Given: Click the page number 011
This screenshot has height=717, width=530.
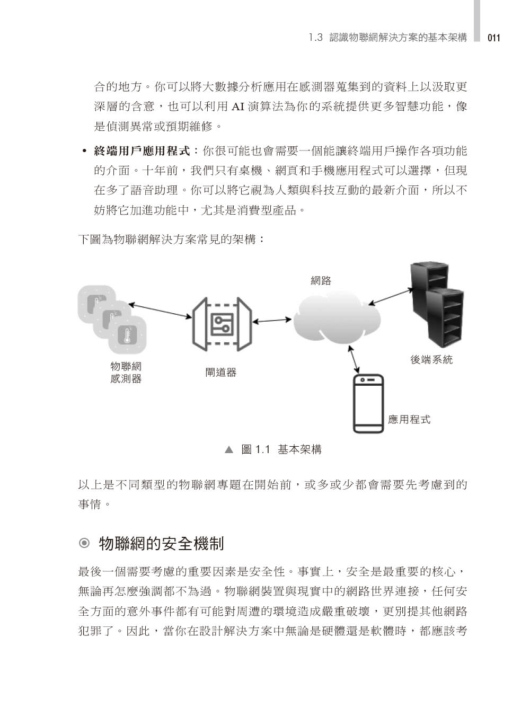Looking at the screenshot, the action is [x=493, y=38].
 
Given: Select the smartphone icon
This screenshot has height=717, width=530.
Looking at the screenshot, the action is [x=368, y=403].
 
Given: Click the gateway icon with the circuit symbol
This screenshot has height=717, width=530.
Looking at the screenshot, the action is [x=222, y=324].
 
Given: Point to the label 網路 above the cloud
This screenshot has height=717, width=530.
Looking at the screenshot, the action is [x=321, y=280].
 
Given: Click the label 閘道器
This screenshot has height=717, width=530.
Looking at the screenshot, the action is [x=221, y=373].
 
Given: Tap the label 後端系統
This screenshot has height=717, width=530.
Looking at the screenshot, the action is [x=431, y=359].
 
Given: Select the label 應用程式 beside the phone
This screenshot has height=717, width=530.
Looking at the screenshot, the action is [x=409, y=419].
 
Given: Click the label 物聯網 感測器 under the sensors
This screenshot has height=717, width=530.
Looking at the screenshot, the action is [x=126, y=373].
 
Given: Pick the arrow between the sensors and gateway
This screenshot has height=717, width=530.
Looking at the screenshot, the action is [x=160, y=311].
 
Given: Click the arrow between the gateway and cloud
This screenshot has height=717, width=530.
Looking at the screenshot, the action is [x=272, y=321].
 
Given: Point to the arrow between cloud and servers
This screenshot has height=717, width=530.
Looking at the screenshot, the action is [x=391, y=297].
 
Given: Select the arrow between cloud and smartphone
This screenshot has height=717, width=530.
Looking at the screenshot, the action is [x=354, y=359].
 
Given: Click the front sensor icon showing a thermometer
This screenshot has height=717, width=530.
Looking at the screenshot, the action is [x=127, y=335].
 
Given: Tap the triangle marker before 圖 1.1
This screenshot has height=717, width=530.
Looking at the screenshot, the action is [x=229, y=450].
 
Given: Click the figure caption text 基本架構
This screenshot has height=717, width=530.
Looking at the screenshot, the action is [x=299, y=449].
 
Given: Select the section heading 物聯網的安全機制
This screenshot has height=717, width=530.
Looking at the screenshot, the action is [x=161, y=543].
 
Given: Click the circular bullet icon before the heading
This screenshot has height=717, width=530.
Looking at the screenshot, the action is [x=84, y=543].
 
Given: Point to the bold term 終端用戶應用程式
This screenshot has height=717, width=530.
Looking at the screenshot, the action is [x=142, y=151].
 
